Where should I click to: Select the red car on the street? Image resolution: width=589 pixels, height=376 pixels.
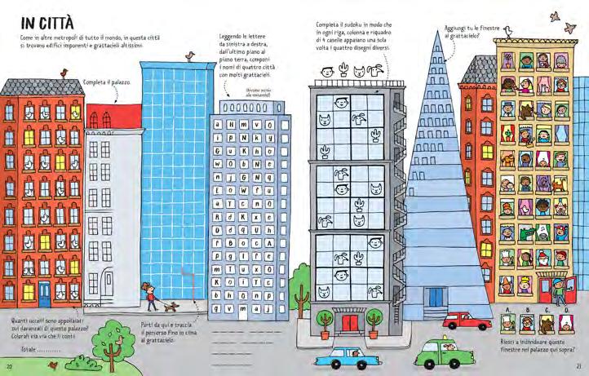(x=468, y=321)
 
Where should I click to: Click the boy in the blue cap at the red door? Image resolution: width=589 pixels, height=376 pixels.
(x=559, y=290)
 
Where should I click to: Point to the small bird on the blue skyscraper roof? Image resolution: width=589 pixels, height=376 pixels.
(x=190, y=55)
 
